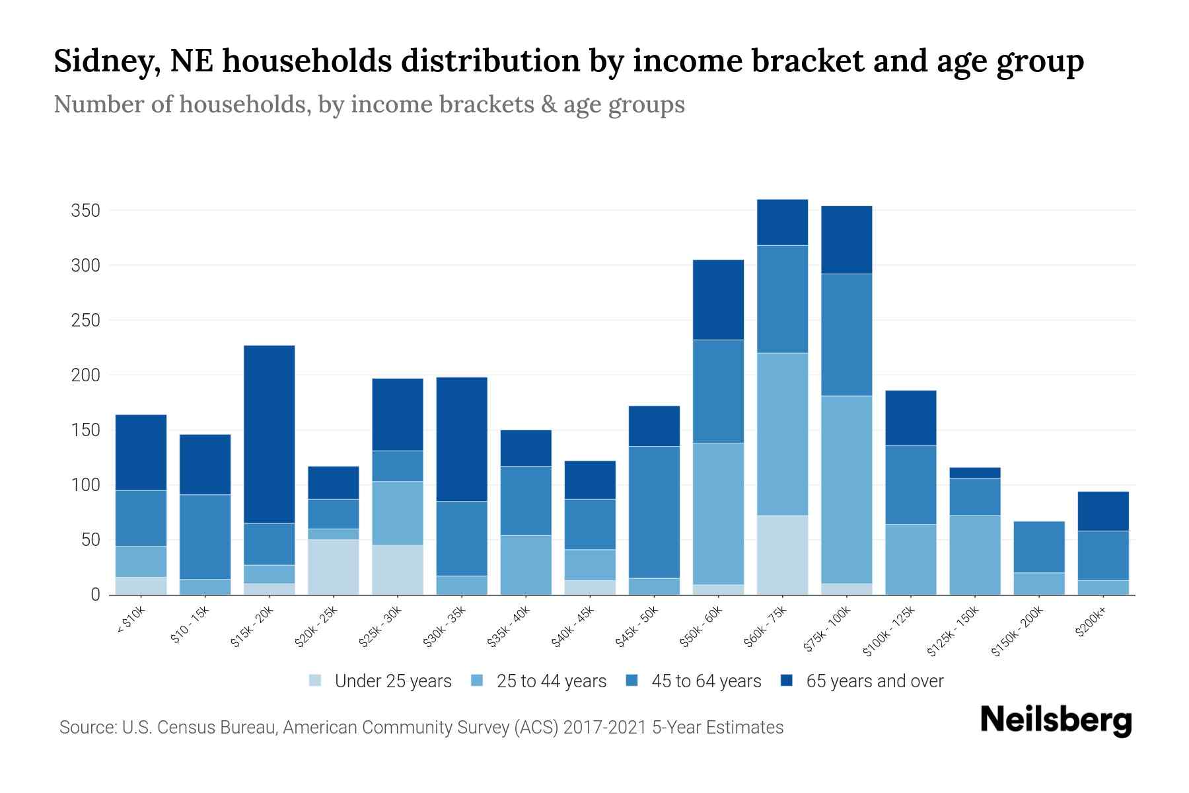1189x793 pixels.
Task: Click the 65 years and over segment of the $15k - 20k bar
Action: click(x=270, y=434)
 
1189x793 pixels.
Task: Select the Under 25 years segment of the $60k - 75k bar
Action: click(x=783, y=554)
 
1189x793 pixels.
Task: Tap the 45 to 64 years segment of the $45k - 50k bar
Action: click(x=654, y=512)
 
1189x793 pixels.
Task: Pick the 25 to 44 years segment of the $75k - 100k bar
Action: click(x=847, y=489)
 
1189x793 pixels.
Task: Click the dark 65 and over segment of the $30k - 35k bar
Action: click(x=462, y=439)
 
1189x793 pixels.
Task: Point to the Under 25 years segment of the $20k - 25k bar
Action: click(x=334, y=567)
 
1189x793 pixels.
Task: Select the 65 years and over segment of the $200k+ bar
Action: click(x=1103, y=511)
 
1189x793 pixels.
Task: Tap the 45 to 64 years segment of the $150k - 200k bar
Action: click(x=1039, y=547)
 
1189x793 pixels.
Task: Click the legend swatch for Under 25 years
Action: click(x=316, y=681)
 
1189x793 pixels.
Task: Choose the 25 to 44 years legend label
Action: click(x=552, y=681)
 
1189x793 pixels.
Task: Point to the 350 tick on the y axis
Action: click(x=85, y=211)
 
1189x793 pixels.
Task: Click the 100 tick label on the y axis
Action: click(x=85, y=485)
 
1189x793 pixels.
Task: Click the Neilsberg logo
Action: click(x=1056, y=721)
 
